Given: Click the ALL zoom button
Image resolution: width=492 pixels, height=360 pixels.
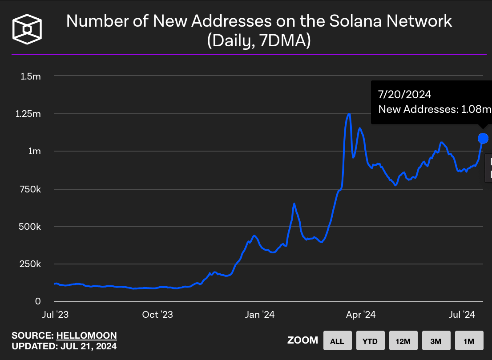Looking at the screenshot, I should pyautogui.click(x=337, y=341).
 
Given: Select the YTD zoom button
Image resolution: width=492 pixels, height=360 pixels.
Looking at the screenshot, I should pyautogui.click(x=370, y=341).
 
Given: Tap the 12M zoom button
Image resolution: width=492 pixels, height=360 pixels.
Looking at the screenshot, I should pyautogui.click(x=403, y=341).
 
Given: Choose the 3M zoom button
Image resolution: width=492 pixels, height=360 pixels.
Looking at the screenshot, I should pyautogui.click(x=436, y=341).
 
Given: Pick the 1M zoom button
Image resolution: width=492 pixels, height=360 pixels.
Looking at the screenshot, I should pyautogui.click(x=469, y=341).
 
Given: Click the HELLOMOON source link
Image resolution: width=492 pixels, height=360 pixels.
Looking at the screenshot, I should pyautogui.click(x=87, y=336).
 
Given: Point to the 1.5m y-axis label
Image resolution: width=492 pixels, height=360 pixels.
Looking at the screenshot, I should pyautogui.click(x=31, y=76).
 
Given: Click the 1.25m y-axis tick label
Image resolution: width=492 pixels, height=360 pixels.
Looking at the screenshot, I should pyautogui.click(x=28, y=114).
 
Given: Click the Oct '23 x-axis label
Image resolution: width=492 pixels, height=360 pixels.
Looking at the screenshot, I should pyautogui.click(x=157, y=315).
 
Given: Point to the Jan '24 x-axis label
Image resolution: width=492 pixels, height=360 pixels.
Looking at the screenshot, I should pyautogui.click(x=260, y=315).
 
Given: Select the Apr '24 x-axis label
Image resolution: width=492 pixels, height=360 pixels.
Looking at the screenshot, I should pyautogui.click(x=361, y=315).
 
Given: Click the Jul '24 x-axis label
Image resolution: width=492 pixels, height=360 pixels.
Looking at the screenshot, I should pyautogui.click(x=463, y=315).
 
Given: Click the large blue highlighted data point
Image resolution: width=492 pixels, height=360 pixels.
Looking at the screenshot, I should pyautogui.click(x=483, y=139).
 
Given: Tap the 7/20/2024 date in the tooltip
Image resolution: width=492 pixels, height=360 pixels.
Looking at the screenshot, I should pyautogui.click(x=405, y=94).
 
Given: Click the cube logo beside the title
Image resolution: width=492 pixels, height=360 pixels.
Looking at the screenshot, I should pyautogui.click(x=27, y=30).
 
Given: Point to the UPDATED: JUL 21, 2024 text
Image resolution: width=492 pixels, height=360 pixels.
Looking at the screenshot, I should pyautogui.click(x=64, y=346).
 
